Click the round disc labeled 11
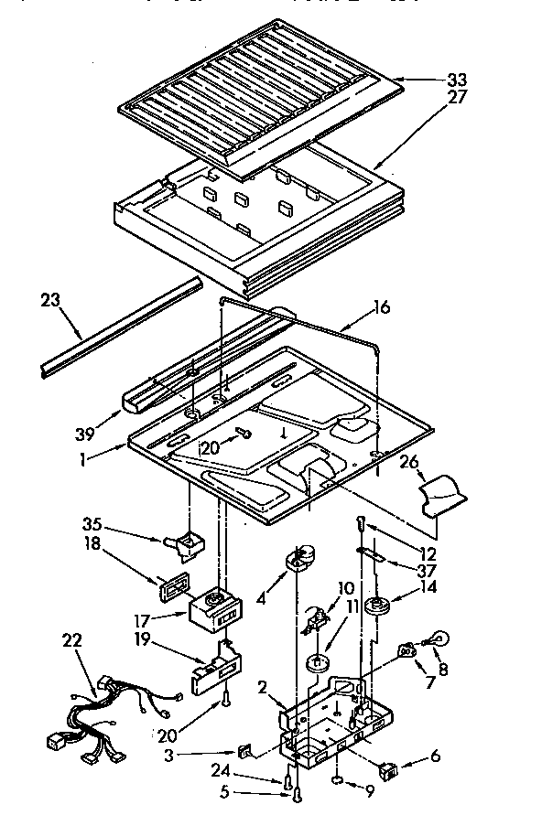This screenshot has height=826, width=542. (319, 663)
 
